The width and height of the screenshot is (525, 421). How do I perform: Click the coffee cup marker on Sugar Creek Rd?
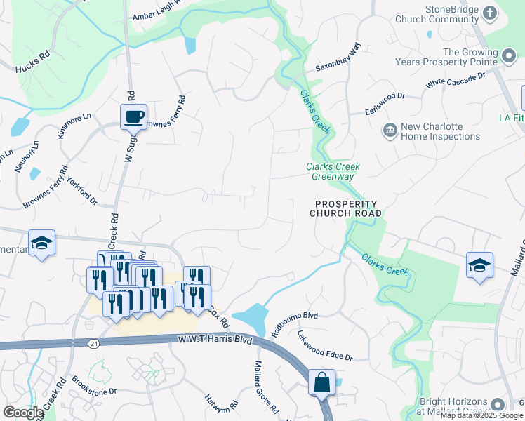pos(133,116)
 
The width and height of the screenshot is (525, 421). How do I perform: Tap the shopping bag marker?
pos(321,382)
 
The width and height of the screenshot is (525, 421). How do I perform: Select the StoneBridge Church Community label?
pos(442,14)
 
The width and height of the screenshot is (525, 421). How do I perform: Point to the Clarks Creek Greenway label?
pos(333,171)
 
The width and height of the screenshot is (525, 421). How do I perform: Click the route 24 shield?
pos(93,343)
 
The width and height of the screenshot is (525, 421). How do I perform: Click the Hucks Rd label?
pos(33,63)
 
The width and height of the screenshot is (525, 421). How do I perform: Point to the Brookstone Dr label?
pos(93,387)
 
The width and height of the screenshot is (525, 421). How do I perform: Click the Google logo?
pos(23,413)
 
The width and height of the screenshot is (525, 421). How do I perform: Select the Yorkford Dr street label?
pos(82,190)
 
